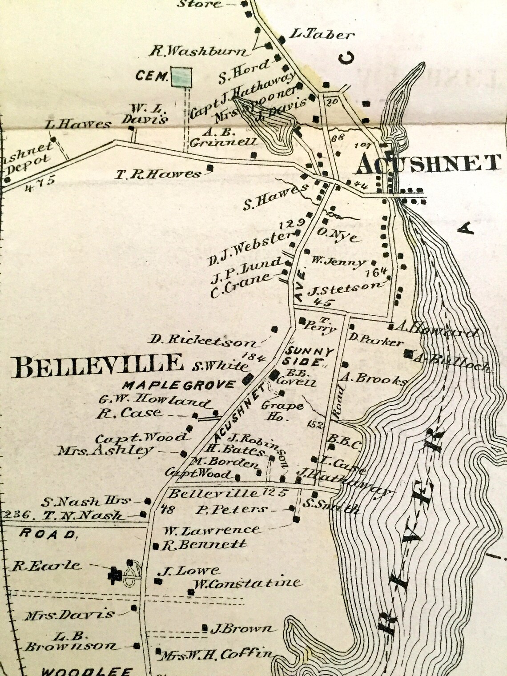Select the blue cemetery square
pyautogui.click(x=181, y=76)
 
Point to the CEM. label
pyautogui.click(x=151, y=76)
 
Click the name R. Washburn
pyautogui.click(x=198, y=51)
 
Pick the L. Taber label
pyautogui.click(x=322, y=34)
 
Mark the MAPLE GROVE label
pyautogui.click(x=179, y=385)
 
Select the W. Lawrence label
pyautogui.click(x=211, y=530)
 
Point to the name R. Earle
pyautogui.click(x=47, y=566)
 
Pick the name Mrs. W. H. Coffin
pyautogui.click(x=217, y=654)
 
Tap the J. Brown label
pyautogui.click(x=242, y=628)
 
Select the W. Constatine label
pyautogui.click(x=247, y=583)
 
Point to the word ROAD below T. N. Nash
pyautogui.click(x=48, y=534)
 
